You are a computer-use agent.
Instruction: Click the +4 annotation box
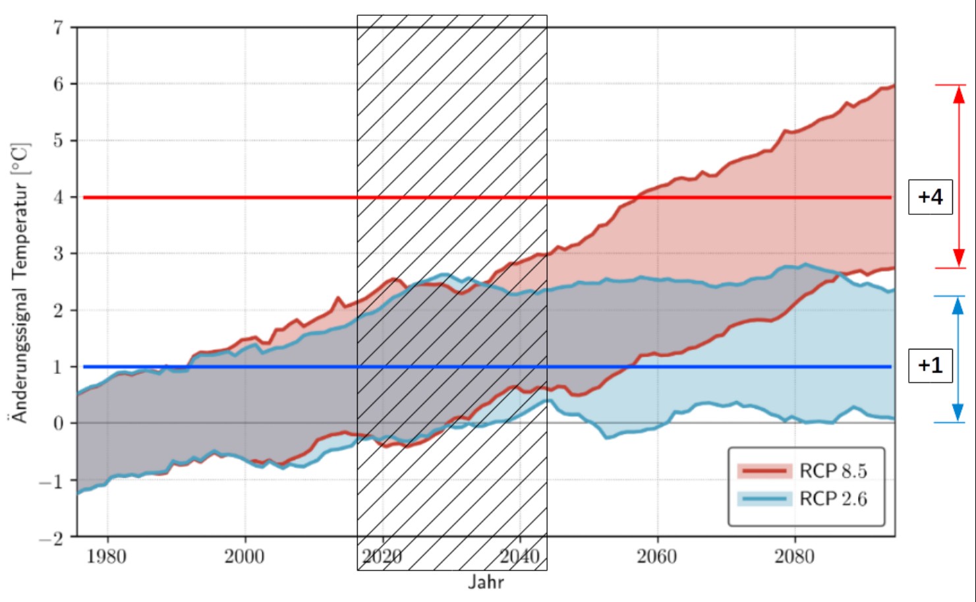click(930, 196)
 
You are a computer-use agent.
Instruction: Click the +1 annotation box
click(930, 365)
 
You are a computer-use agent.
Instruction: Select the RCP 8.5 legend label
click(833, 471)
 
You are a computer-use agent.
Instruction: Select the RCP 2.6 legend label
click(833, 498)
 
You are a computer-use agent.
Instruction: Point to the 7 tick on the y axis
click(59, 28)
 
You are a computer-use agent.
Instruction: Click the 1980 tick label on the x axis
click(107, 557)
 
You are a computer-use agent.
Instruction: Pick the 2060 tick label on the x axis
click(656, 557)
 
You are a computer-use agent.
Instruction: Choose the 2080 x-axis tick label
click(794, 557)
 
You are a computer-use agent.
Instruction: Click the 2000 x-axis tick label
click(244, 557)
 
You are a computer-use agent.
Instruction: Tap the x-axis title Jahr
click(486, 582)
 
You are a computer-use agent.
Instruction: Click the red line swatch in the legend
click(764, 471)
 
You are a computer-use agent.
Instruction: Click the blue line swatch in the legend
click(764, 498)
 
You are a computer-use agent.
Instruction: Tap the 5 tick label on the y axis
click(59, 140)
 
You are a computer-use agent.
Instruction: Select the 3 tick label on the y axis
click(59, 254)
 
